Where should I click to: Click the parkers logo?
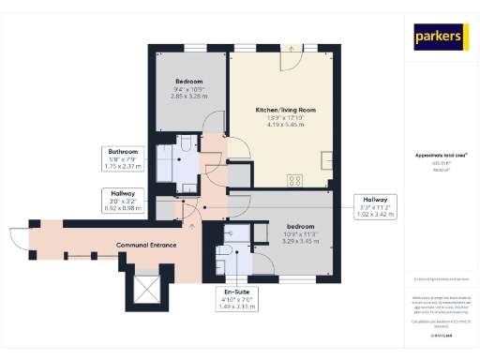coord(440,37)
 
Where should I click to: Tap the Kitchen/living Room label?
coord(285,110)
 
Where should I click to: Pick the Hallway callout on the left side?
coord(123,200)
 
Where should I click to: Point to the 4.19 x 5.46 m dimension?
coord(285,125)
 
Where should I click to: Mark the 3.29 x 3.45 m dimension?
coord(301,241)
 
